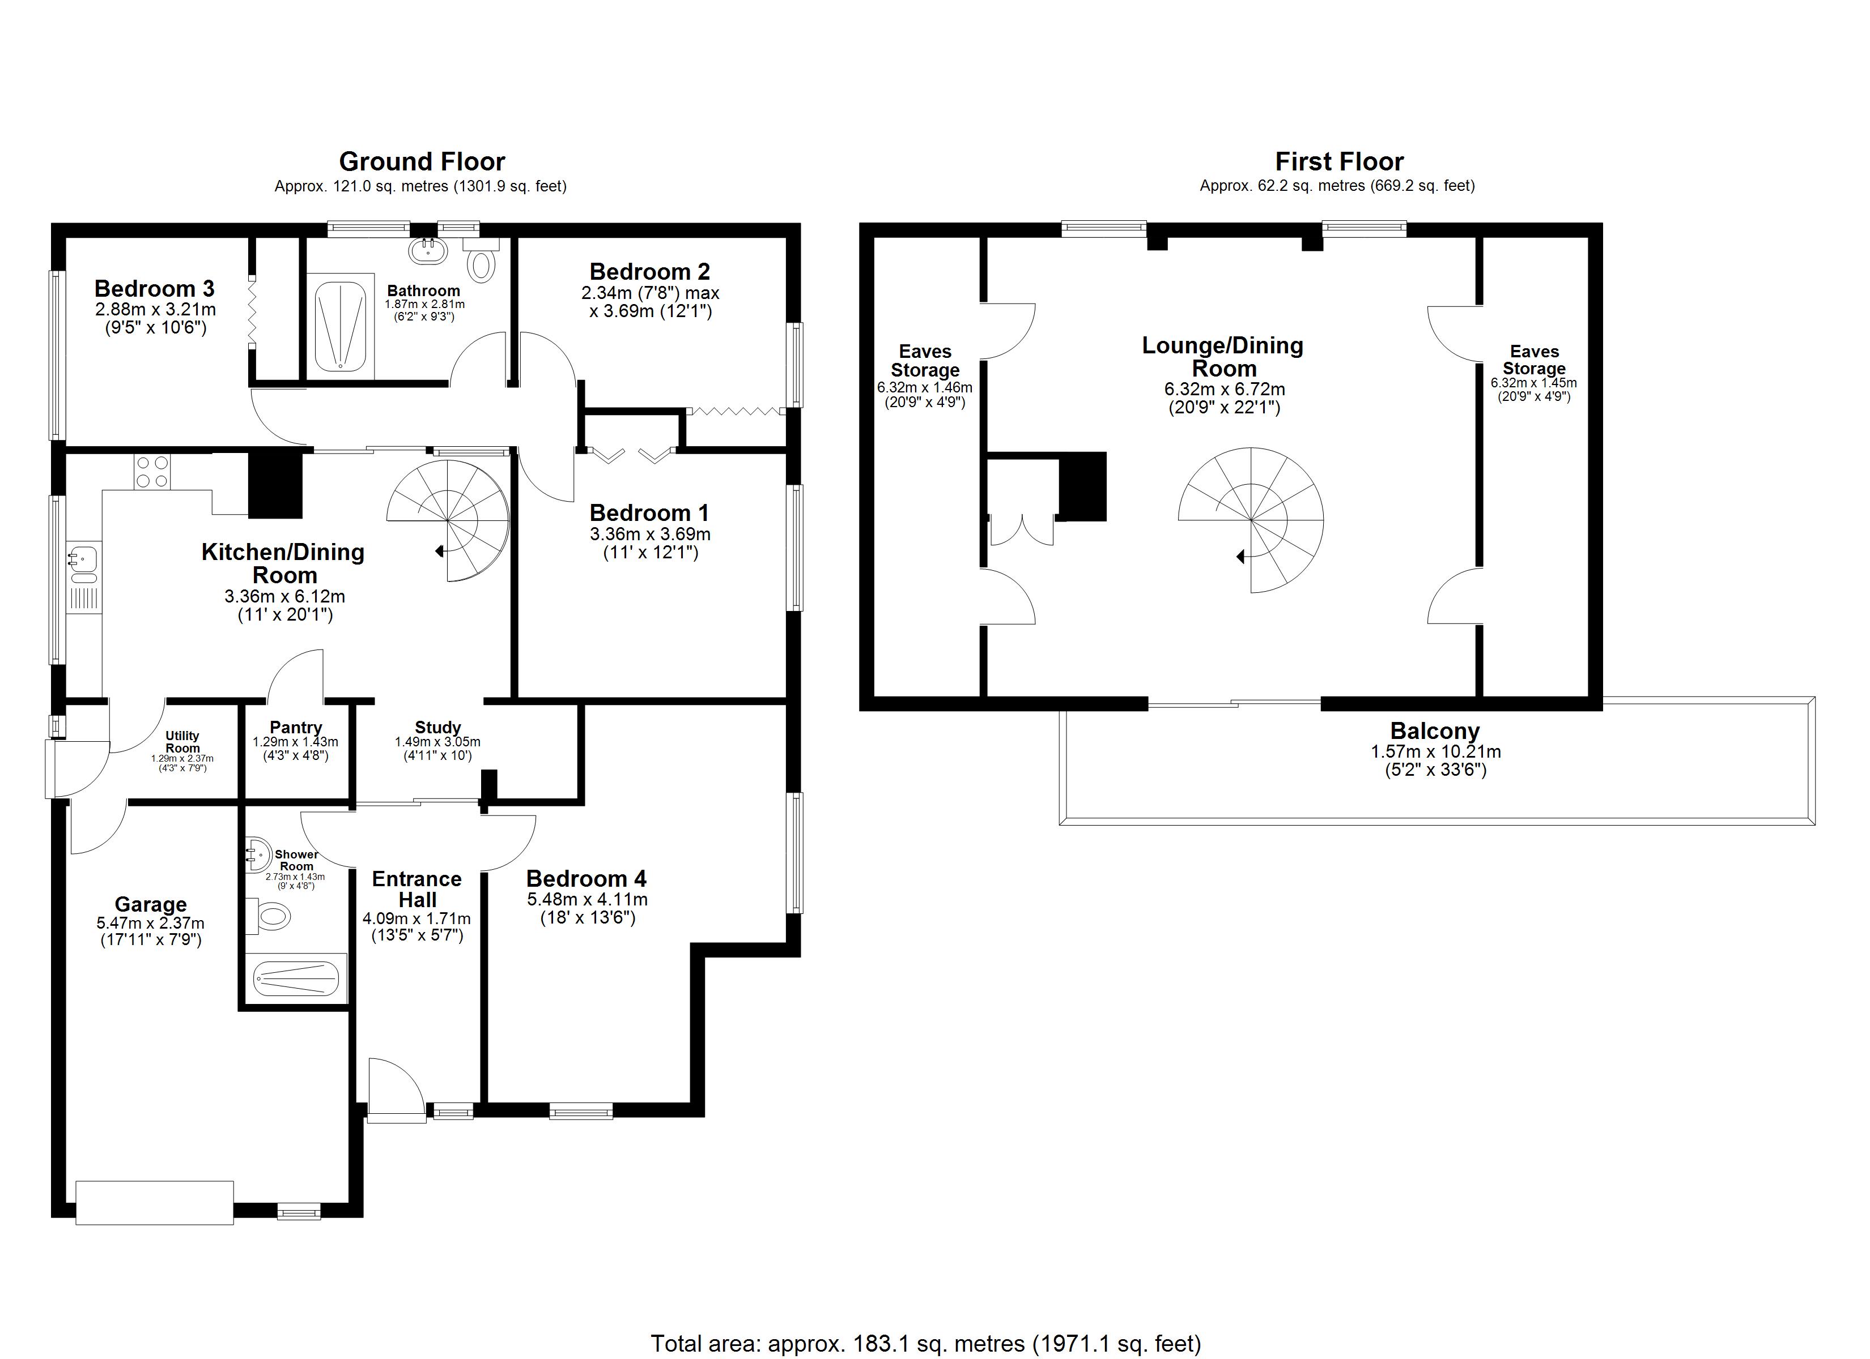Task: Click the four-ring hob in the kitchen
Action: (x=152, y=472)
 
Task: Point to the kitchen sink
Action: (x=83, y=559)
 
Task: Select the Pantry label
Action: (x=296, y=727)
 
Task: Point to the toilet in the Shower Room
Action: (x=268, y=916)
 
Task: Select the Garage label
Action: (x=150, y=904)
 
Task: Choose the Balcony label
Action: (x=1435, y=731)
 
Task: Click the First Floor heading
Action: (x=1339, y=161)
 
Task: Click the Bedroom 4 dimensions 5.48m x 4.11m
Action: (x=587, y=899)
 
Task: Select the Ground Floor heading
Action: (x=422, y=161)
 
